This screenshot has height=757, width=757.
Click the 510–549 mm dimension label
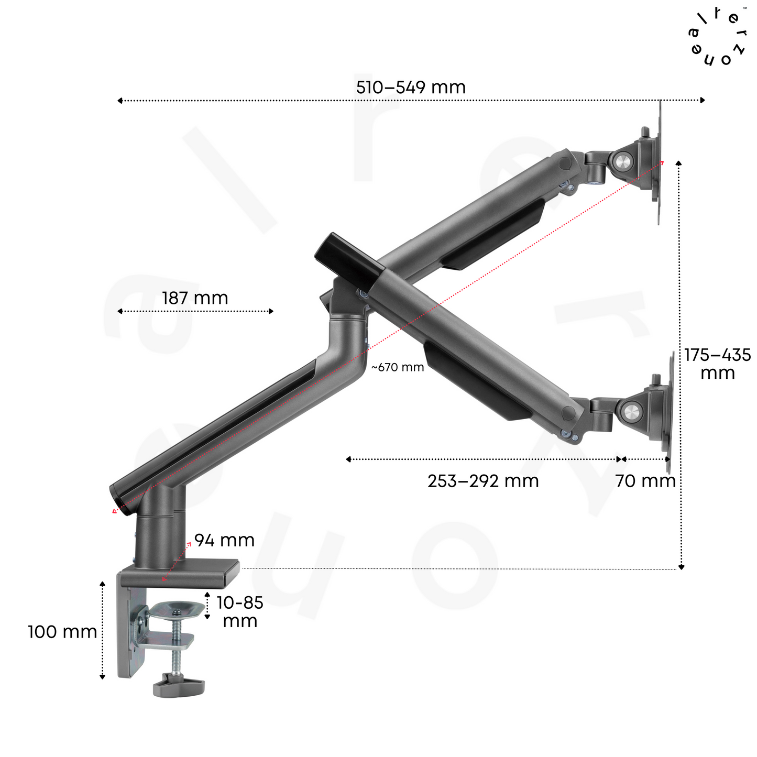(x=411, y=87)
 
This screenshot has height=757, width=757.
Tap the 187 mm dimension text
(x=195, y=298)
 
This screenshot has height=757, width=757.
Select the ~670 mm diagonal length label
(x=398, y=367)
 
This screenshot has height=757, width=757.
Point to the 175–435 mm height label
(x=717, y=364)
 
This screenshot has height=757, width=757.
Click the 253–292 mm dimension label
(x=483, y=481)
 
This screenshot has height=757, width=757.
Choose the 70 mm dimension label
(x=645, y=481)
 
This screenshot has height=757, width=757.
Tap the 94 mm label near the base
(x=224, y=540)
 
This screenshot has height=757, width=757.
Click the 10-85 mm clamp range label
(x=240, y=612)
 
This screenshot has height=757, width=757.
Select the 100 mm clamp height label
(x=62, y=632)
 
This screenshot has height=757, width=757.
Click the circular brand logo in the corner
(x=717, y=36)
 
